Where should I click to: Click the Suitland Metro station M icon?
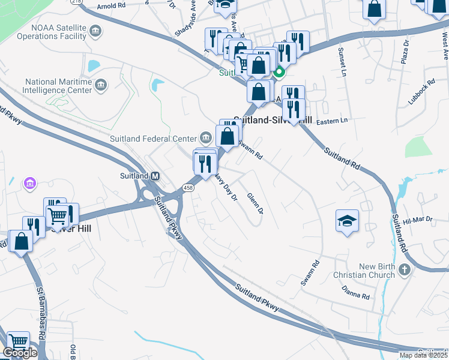click(x=155, y=176)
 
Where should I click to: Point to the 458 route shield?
click(x=188, y=188)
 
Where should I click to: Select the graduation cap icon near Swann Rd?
click(x=348, y=220)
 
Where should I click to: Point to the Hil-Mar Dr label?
click(x=418, y=221)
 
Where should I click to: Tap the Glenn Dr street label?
click(x=255, y=203)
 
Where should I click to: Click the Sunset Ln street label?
click(x=343, y=58)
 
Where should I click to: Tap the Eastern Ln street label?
click(x=332, y=121)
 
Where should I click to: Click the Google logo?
click(x=20, y=353)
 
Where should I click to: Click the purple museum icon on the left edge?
click(x=28, y=182)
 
